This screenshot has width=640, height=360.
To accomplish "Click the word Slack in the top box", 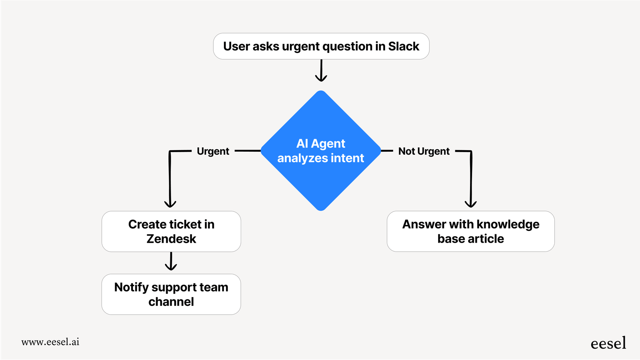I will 403,46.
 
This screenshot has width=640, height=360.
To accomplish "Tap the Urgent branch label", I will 213,151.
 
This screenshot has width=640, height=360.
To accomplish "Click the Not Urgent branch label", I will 424,151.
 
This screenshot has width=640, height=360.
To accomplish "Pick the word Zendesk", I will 171,239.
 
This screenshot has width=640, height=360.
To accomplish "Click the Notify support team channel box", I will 171,294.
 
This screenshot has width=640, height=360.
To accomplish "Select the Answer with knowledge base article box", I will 470,231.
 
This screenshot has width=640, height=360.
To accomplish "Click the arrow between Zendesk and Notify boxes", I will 171,262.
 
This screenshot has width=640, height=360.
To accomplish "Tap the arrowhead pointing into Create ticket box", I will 170,204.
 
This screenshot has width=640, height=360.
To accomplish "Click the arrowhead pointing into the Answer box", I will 471,204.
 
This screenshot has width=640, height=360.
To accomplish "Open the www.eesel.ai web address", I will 50,342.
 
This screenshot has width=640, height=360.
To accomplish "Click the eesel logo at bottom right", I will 608,343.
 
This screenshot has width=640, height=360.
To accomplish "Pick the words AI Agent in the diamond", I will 321,144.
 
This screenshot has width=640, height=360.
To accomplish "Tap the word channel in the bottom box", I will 171,302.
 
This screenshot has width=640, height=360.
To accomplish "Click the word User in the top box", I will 236,46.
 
